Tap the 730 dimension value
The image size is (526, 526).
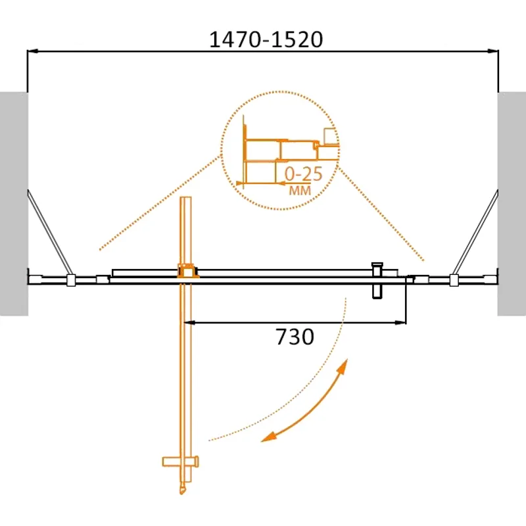(x=295, y=337)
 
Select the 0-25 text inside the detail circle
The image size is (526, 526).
(x=303, y=175)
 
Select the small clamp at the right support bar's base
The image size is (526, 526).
(x=453, y=280)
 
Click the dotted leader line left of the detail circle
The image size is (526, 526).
(x=158, y=204)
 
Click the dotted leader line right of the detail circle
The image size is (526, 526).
(x=381, y=210)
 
